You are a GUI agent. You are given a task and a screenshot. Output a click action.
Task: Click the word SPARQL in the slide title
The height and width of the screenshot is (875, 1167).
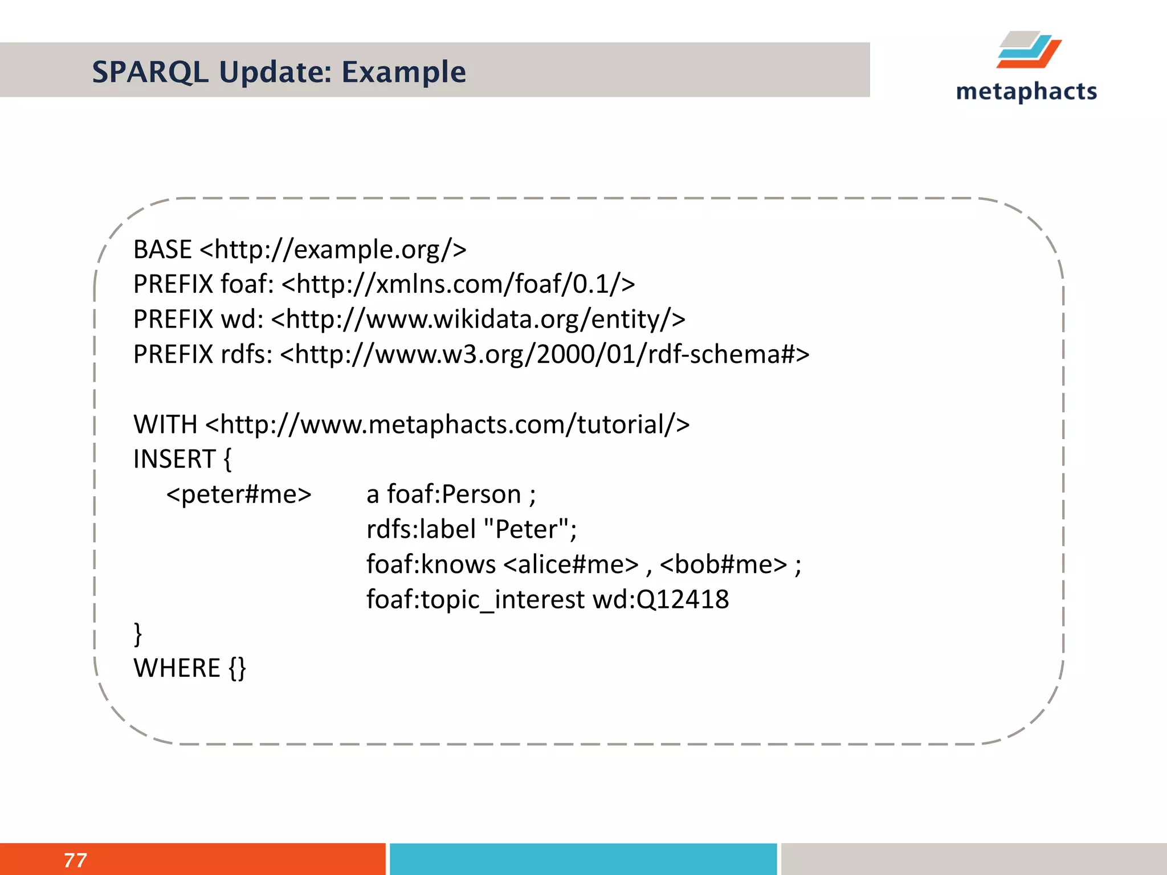point(150,72)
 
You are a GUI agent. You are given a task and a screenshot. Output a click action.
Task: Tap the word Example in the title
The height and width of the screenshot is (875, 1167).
point(403,72)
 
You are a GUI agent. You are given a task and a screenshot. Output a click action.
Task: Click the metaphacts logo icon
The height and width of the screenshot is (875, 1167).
point(1029,50)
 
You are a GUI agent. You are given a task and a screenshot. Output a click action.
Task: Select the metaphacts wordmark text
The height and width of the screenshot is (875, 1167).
point(1026,92)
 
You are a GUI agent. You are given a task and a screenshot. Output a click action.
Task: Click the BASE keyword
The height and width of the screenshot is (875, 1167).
point(162,250)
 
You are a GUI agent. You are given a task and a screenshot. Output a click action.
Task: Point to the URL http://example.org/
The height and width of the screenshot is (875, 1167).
point(333,250)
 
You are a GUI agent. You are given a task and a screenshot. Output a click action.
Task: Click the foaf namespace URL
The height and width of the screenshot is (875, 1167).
point(458,284)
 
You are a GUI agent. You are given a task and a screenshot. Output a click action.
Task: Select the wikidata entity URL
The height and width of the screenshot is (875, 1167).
point(478,319)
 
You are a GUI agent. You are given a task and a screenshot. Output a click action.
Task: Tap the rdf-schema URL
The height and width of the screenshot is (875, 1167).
point(545,354)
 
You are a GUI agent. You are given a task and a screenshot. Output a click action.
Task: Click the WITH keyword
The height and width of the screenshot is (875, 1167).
point(165,424)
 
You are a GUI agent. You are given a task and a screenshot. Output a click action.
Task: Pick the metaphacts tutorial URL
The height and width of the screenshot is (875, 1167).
point(447,424)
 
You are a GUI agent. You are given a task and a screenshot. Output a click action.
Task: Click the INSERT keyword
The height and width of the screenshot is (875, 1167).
point(174,459)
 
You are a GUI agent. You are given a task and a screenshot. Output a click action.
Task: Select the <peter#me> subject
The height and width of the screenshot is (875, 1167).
point(239,494)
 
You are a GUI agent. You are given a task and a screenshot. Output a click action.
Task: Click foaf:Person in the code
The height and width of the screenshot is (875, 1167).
point(454,494)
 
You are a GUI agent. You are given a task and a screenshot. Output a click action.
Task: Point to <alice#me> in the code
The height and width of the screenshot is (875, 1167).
point(571,565)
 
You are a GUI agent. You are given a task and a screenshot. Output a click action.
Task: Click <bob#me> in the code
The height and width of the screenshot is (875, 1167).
point(723,565)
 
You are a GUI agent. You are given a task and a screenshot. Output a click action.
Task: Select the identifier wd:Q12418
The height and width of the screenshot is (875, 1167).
point(660,599)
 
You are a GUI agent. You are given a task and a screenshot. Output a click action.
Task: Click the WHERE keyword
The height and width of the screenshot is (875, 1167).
point(177,668)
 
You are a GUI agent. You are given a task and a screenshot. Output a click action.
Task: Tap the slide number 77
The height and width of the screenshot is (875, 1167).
point(75,860)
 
